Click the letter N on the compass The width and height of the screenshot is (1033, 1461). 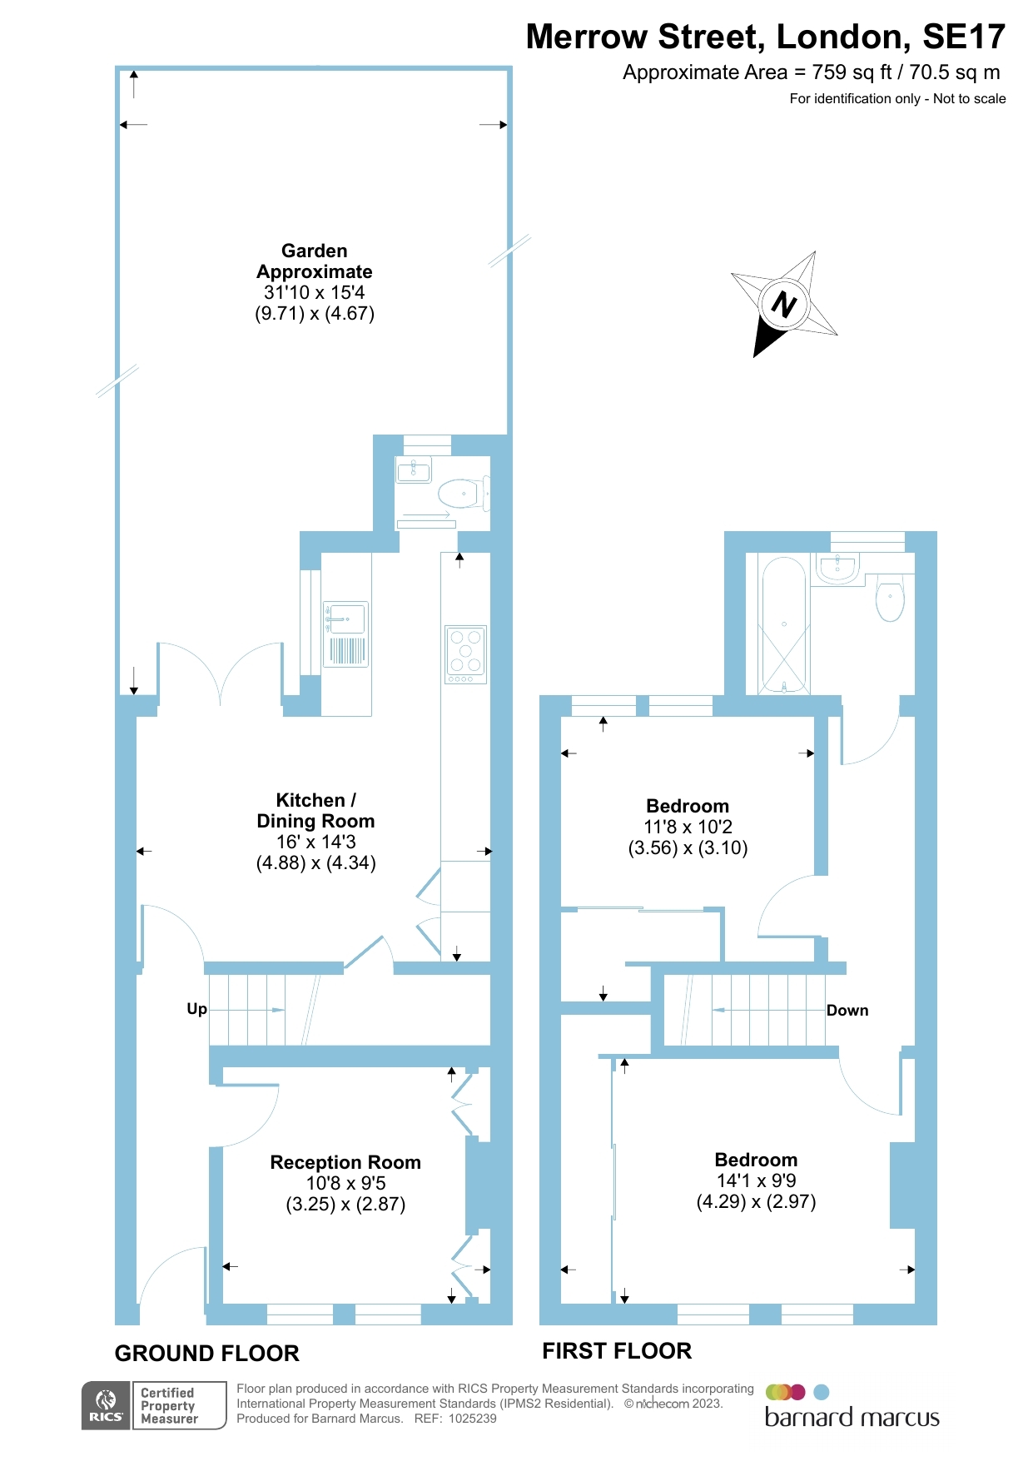point(784,304)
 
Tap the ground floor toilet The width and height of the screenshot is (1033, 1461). point(460,494)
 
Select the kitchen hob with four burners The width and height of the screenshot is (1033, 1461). point(465,653)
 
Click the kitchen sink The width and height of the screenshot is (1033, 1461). point(346,620)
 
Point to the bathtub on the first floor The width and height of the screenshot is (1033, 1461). point(783,624)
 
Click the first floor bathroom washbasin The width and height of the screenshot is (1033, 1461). point(837,569)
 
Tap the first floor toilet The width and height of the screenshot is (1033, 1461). point(890,598)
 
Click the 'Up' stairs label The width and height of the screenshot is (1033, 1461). point(196,1009)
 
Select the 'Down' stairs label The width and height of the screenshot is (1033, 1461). point(847,1011)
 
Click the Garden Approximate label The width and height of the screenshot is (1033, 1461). point(315,261)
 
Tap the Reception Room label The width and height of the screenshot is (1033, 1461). point(345,1162)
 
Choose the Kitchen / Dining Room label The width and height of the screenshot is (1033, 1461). point(315,811)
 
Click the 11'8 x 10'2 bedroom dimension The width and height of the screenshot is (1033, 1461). point(688,827)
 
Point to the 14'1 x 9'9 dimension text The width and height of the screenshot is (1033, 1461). point(756,1180)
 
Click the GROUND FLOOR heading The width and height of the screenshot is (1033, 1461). point(206,1354)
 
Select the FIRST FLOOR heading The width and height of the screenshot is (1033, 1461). point(617,1351)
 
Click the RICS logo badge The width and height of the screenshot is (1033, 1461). point(106,1405)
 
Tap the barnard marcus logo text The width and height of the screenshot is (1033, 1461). point(852,1418)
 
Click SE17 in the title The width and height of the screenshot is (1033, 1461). point(964,37)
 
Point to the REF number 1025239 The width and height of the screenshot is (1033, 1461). point(472,1419)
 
